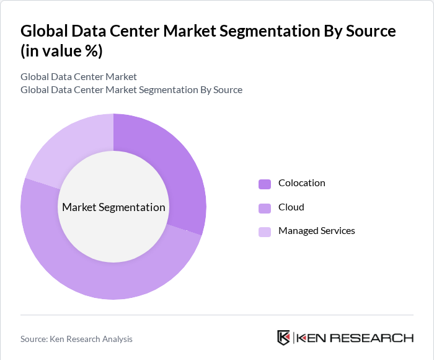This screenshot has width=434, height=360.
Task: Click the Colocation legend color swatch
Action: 265,184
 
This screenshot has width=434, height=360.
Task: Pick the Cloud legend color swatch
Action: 265,207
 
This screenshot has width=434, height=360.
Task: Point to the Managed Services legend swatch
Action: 265,232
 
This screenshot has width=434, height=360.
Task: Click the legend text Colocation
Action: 301,183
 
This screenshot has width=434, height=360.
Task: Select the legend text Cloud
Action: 291,207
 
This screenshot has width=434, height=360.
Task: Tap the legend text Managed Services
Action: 316,231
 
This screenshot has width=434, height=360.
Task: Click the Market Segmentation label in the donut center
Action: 113,207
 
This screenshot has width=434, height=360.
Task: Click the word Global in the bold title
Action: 43,31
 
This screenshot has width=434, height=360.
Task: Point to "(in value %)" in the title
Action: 61,51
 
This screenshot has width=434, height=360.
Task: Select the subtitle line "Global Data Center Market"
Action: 79,77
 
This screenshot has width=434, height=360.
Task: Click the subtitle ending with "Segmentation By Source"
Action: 131,90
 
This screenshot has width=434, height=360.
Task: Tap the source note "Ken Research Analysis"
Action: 76,339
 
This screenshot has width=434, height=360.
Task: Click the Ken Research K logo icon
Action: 284,338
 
